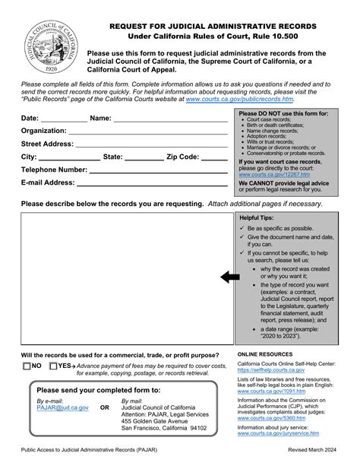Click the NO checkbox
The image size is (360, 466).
27,366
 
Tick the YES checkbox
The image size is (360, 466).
52,366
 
